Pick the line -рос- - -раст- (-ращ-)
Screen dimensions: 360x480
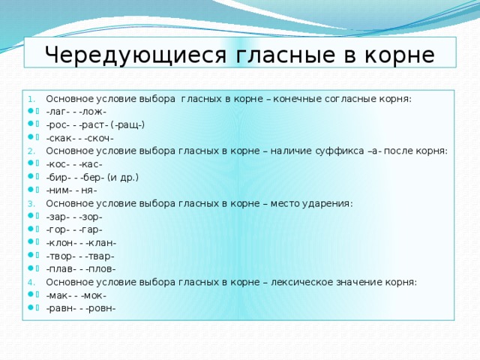(x=95, y=124)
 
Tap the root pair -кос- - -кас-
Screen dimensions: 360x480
(x=74, y=164)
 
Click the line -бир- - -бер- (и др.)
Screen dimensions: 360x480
(x=92, y=177)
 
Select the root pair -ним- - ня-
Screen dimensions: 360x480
(x=71, y=190)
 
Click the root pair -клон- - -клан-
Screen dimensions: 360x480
(x=81, y=243)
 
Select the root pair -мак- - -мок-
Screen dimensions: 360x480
(x=76, y=295)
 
